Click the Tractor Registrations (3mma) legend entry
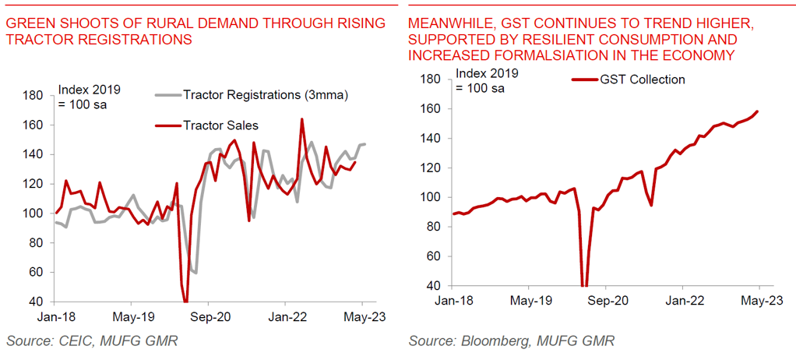tap(265, 95)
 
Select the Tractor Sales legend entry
tap(220, 125)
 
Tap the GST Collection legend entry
tap(642, 79)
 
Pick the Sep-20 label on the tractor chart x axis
tap(210, 318)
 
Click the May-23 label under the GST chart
tap(759, 300)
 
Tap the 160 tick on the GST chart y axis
tap(431, 108)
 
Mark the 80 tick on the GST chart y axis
tap(434, 226)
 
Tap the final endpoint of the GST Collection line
tap(759, 111)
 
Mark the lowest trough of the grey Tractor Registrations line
tap(195, 274)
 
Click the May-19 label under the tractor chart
tap(132, 318)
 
